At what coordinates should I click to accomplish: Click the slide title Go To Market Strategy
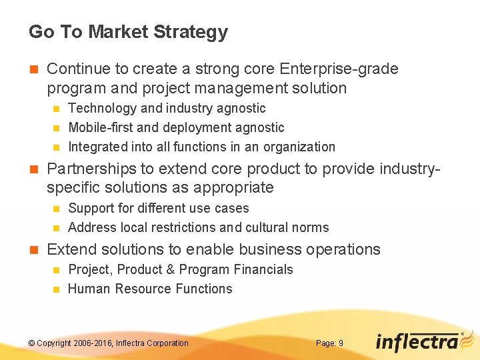tap(128, 32)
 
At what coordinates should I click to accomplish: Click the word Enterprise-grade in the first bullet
tap(339, 69)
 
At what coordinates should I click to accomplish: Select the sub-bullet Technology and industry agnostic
tap(167, 108)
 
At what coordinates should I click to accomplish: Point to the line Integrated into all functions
tap(201, 147)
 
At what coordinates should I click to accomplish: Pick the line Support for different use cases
tap(158, 208)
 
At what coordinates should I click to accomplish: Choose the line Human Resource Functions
tap(150, 289)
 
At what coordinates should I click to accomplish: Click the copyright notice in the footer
tap(109, 343)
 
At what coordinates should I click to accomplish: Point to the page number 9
tap(341, 343)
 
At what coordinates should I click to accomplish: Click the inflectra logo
tap(417, 341)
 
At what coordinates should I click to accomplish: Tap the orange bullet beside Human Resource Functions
tap(55, 289)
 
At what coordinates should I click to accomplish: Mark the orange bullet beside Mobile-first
tap(55, 128)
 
